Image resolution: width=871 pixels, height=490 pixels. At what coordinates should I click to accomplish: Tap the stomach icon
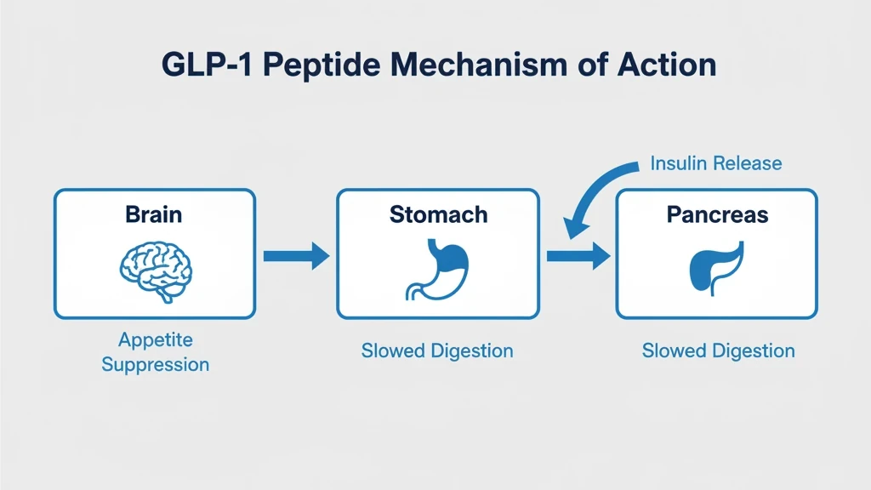tap(437, 267)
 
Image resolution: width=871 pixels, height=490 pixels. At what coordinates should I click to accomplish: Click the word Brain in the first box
tap(154, 214)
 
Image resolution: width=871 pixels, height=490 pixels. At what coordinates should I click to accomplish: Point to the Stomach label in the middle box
tap(438, 214)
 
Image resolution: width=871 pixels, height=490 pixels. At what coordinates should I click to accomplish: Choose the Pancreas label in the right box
tap(717, 214)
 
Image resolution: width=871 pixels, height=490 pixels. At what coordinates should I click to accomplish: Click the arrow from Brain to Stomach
tap(296, 254)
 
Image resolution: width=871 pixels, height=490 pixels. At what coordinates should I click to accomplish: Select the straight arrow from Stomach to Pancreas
tap(578, 254)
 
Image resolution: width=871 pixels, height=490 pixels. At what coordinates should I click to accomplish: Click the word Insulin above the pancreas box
tap(677, 162)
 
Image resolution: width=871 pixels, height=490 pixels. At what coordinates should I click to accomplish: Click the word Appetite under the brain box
tap(155, 340)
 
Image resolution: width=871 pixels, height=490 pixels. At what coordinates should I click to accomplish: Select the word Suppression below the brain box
tap(155, 365)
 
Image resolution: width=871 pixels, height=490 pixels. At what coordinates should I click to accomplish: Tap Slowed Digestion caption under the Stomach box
tap(437, 350)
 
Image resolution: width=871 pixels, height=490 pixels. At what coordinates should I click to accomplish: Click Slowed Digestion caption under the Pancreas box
tap(718, 350)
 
